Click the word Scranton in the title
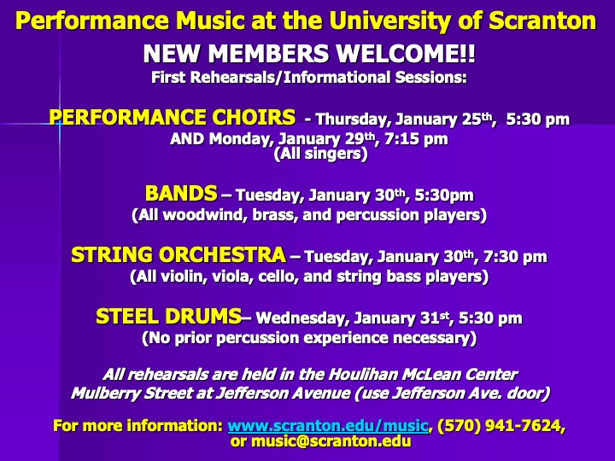click(x=542, y=20)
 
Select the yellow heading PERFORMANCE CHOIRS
click(x=173, y=117)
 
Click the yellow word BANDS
click(x=181, y=193)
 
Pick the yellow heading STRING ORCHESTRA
click(x=179, y=254)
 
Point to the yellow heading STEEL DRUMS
click(x=168, y=316)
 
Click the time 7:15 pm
click(x=416, y=139)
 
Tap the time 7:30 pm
click(x=515, y=257)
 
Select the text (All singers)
click(x=321, y=154)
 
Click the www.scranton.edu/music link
click(x=328, y=426)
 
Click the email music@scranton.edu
click(x=331, y=442)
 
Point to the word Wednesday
click(x=302, y=318)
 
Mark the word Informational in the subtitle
click(x=336, y=78)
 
